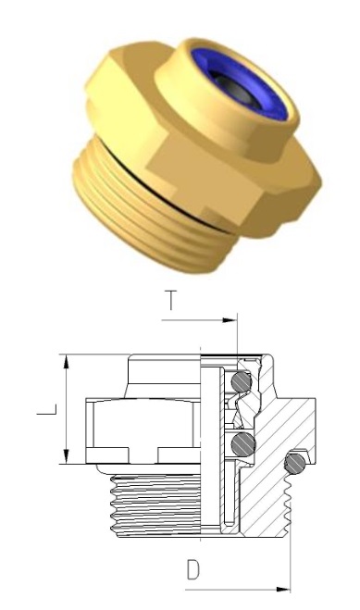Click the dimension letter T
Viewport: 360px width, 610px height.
click(x=171, y=300)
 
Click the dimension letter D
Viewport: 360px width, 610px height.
click(x=193, y=570)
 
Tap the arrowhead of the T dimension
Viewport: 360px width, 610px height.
click(x=230, y=320)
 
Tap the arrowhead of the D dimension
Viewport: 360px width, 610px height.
click(x=282, y=590)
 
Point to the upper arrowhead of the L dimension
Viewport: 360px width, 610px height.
click(x=67, y=361)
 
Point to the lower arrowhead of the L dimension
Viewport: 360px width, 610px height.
click(x=67, y=456)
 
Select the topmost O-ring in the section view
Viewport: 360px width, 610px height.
click(x=241, y=382)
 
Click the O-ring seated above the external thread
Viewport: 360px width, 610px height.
click(x=294, y=464)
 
